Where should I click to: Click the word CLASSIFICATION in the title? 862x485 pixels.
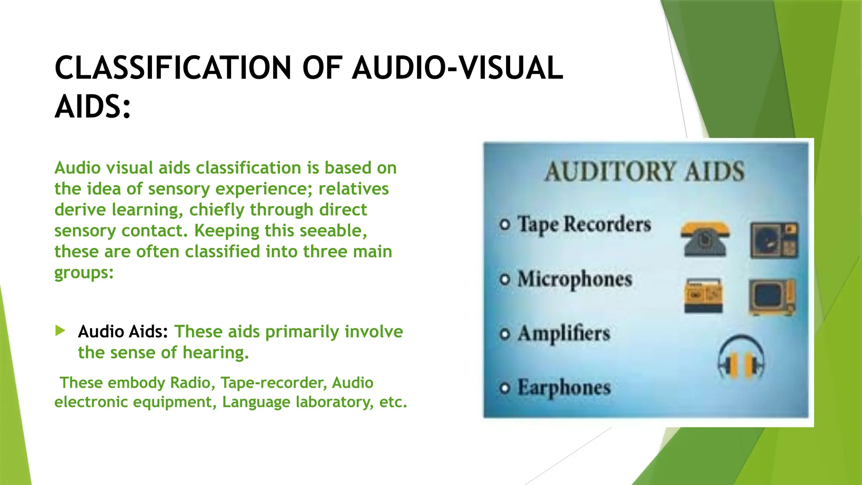(x=173, y=68)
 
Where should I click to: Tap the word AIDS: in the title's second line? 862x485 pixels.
(x=93, y=107)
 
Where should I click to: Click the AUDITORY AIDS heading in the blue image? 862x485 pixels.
(x=644, y=172)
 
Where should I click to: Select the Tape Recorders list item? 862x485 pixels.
(x=584, y=224)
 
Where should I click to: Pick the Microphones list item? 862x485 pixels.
(x=575, y=279)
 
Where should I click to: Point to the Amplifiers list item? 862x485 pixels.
(x=564, y=334)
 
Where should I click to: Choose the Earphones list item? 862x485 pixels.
(x=564, y=387)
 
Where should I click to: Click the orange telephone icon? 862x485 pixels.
(x=705, y=239)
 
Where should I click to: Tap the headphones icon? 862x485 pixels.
(x=741, y=357)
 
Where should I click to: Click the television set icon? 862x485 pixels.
(x=772, y=297)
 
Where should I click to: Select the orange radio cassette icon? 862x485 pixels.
(x=703, y=296)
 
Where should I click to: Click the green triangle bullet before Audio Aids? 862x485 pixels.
(x=60, y=330)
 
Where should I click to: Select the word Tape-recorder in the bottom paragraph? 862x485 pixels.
(x=274, y=383)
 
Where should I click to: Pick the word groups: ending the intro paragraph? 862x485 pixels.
(x=84, y=273)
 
